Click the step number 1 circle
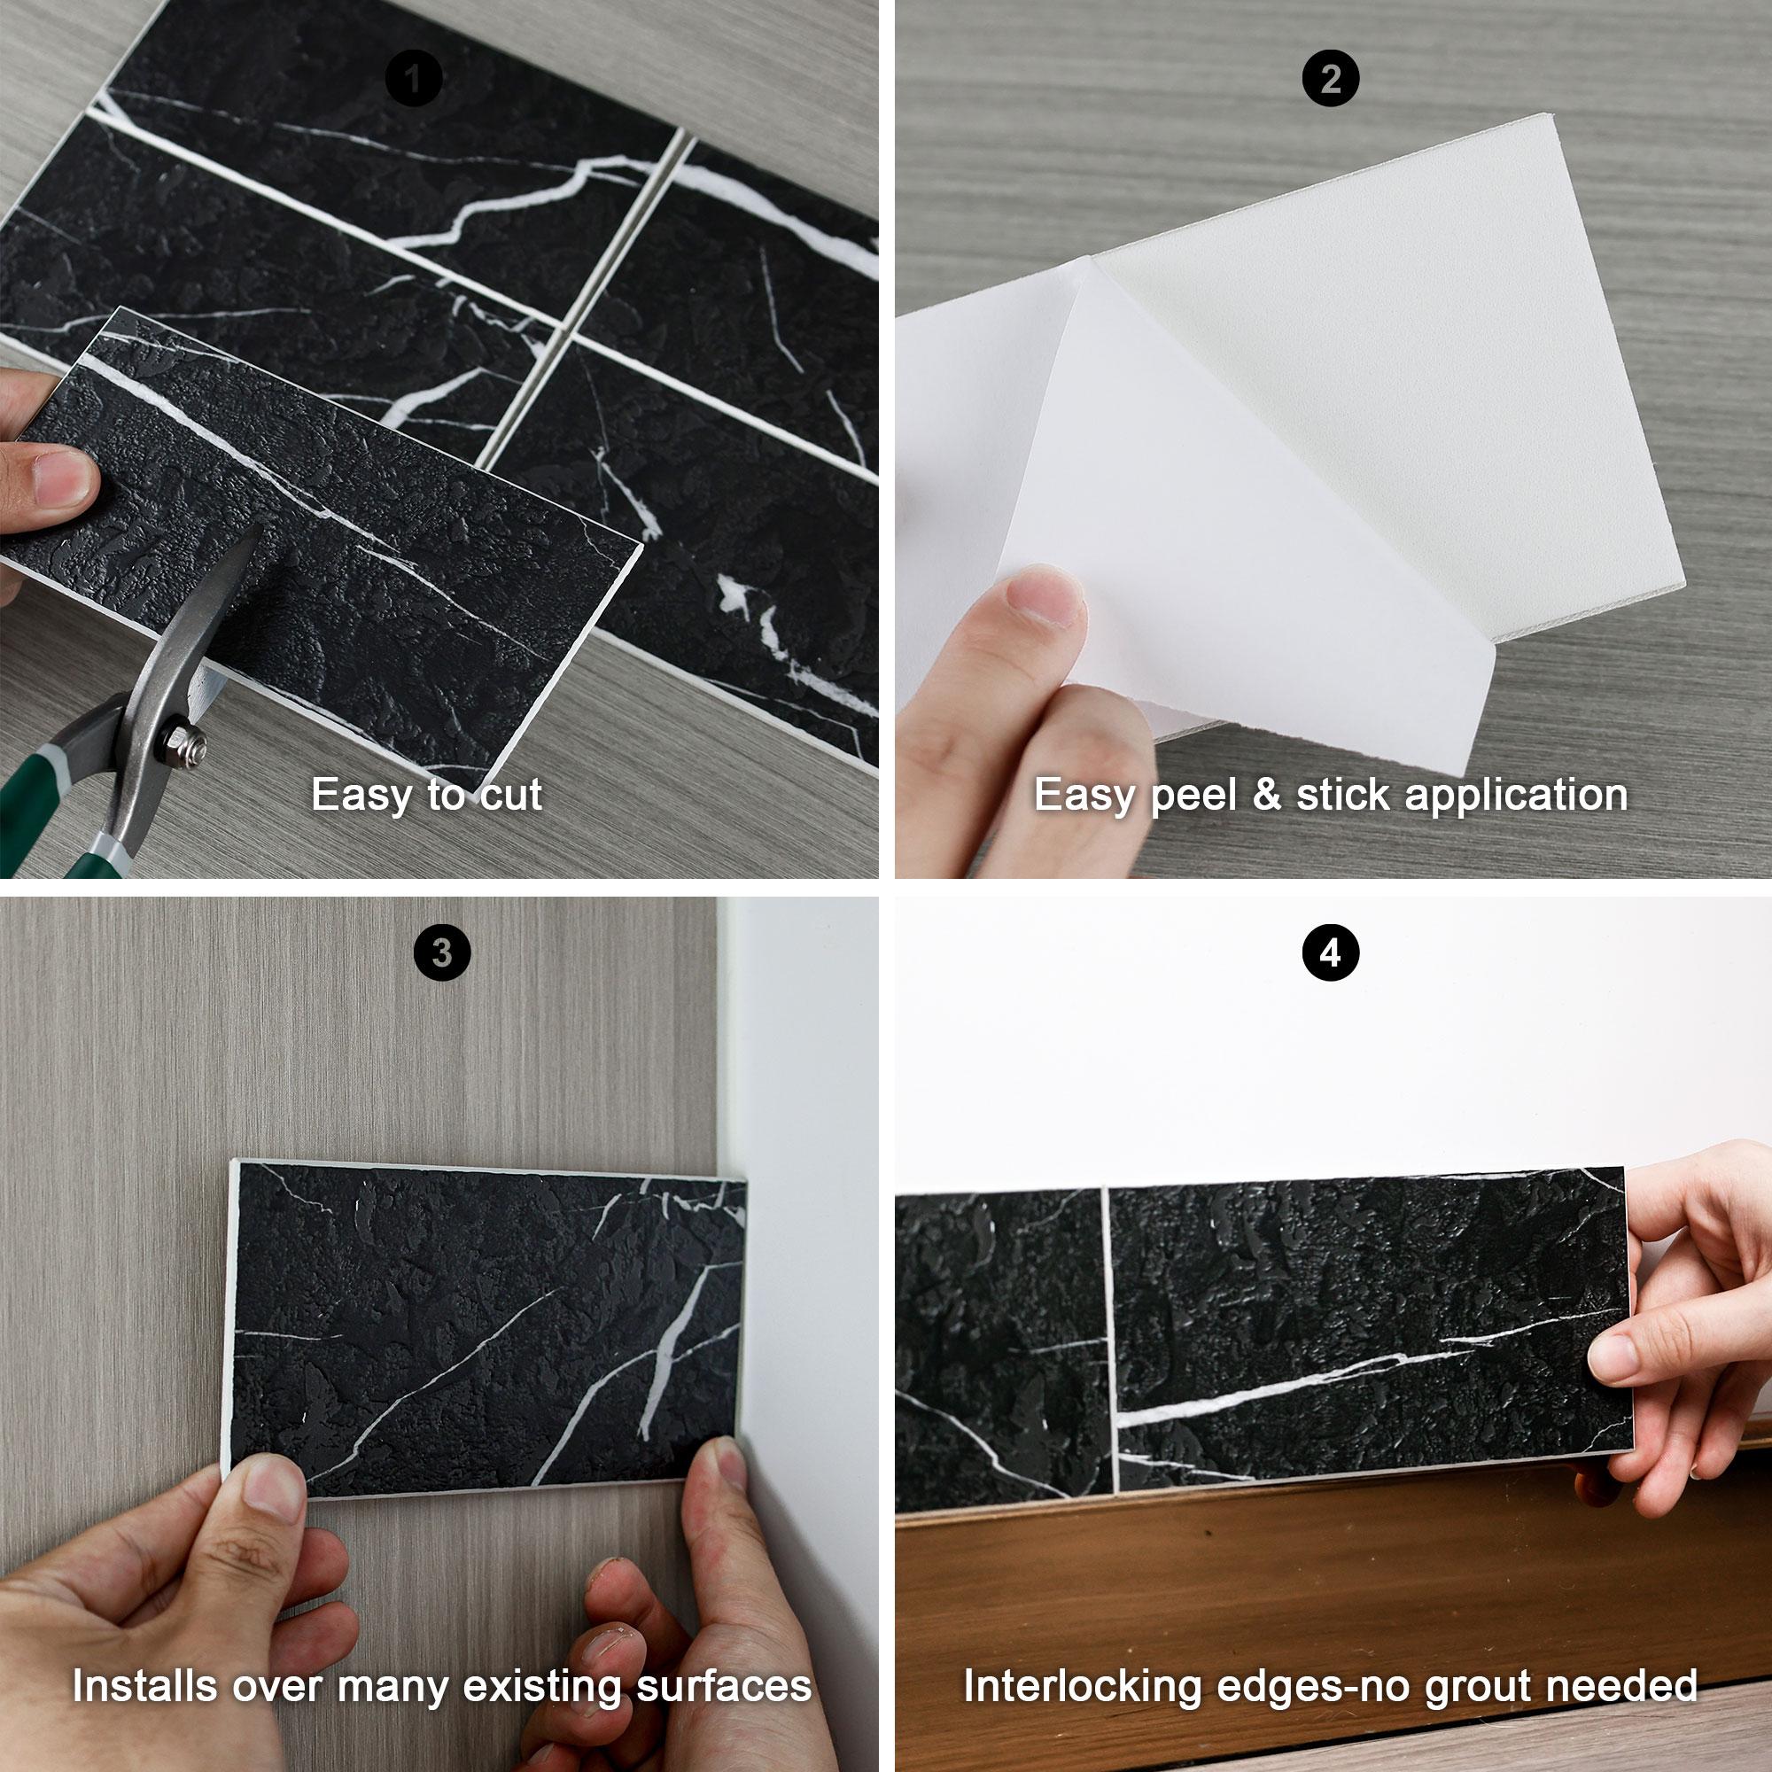tap(414, 80)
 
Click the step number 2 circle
tap(1331, 80)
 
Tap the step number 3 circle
tap(442, 953)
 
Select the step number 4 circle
tap(1331, 953)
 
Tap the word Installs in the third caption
tap(146, 1685)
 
